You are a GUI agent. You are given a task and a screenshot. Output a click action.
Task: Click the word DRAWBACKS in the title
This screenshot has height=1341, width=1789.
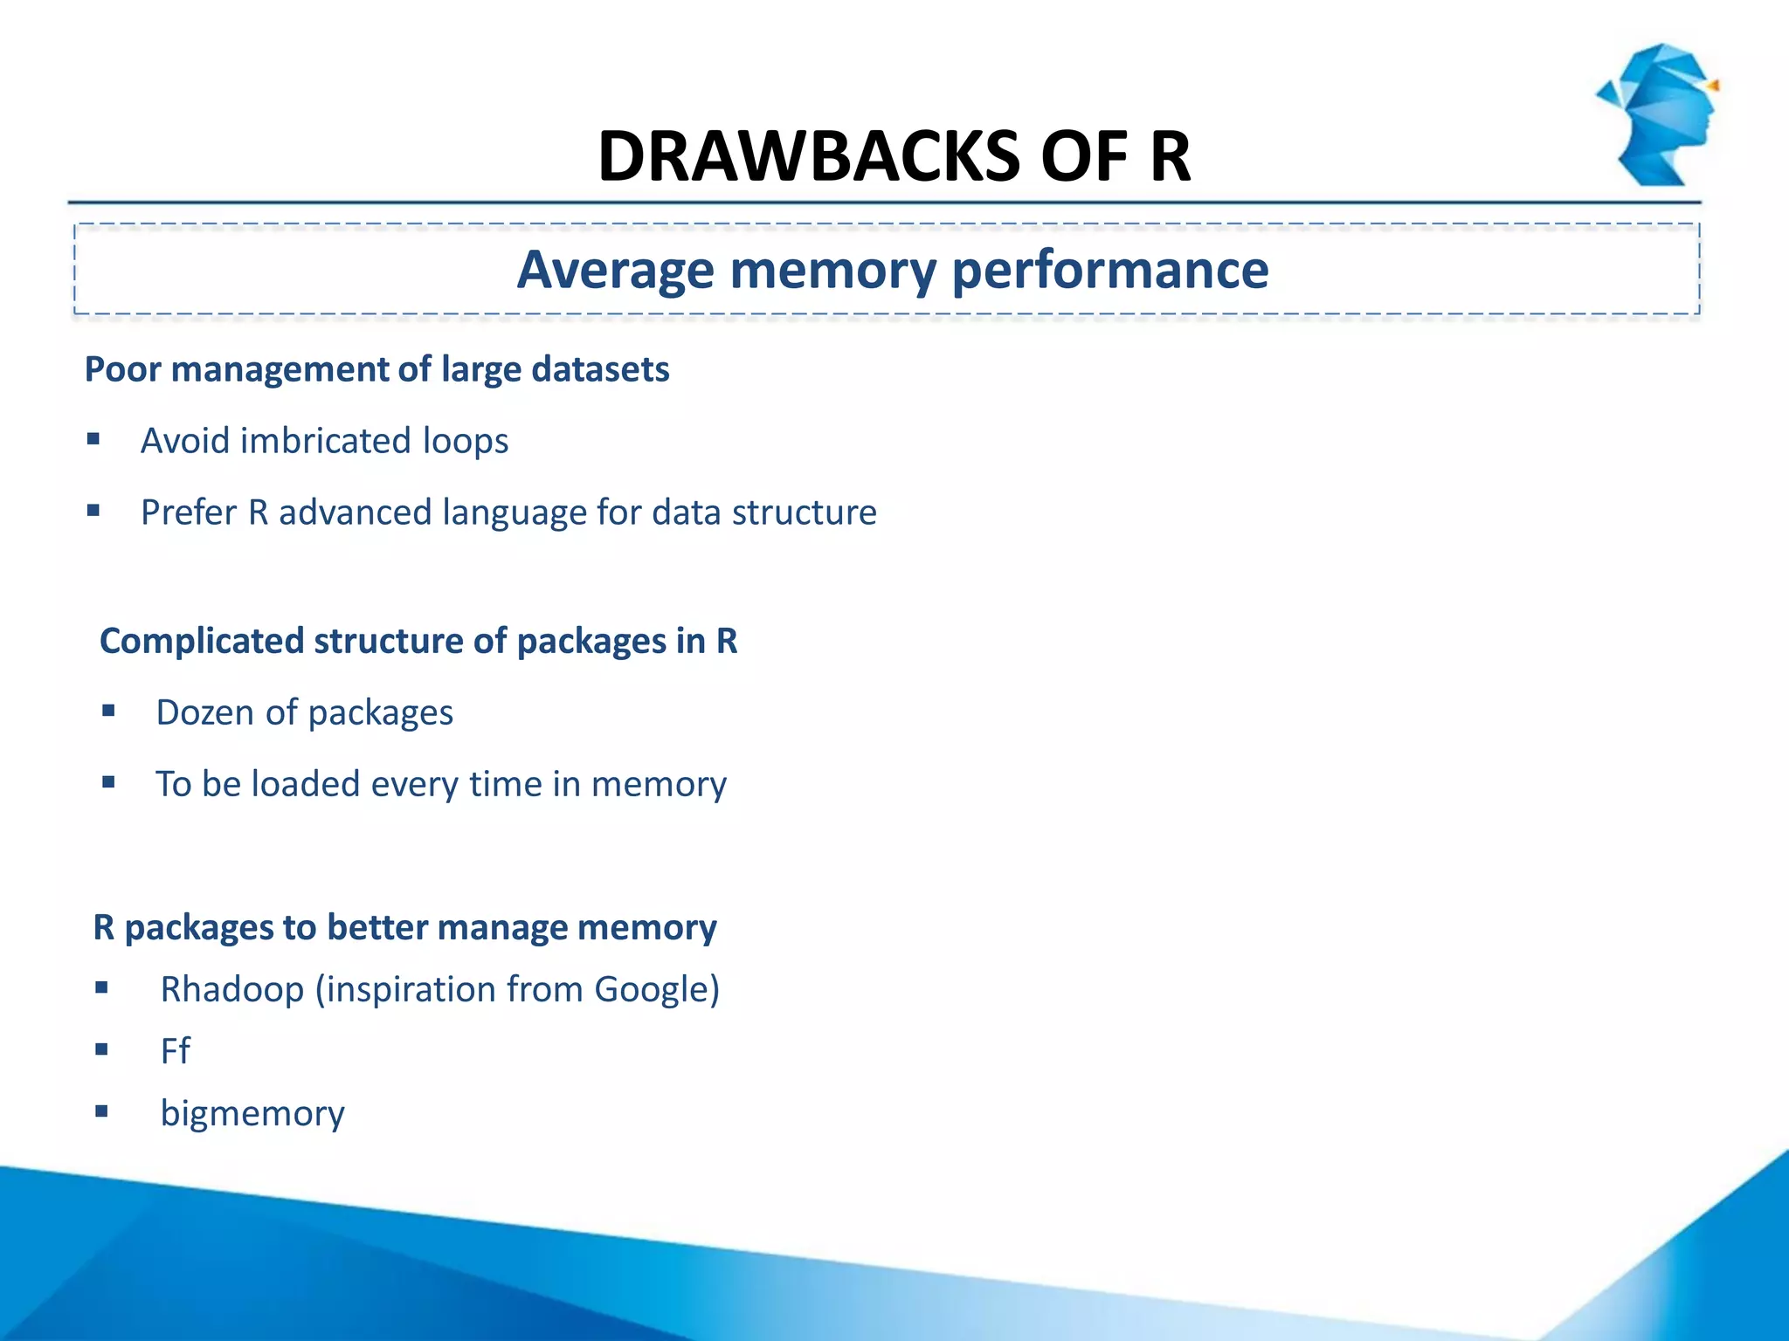[809, 157]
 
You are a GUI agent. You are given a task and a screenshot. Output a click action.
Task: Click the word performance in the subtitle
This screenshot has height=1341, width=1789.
[1109, 270]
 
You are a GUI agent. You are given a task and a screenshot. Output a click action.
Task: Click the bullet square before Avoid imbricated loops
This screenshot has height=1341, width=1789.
[93, 438]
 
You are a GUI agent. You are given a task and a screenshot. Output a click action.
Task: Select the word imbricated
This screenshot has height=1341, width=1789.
[325, 441]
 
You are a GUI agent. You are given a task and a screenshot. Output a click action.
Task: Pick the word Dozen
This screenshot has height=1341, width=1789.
[205, 712]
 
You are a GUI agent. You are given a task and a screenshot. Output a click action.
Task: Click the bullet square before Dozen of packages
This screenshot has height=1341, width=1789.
[108, 711]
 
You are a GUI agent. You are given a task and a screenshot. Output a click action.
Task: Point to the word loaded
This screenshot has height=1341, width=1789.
[305, 784]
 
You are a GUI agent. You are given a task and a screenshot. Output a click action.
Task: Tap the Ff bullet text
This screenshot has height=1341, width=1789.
[175, 1050]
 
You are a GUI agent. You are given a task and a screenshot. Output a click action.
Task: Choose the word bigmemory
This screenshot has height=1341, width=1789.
[252, 1113]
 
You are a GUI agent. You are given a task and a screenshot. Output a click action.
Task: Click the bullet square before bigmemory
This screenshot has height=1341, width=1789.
[101, 1111]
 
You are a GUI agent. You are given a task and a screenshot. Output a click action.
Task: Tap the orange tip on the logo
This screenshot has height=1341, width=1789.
[1714, 86]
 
